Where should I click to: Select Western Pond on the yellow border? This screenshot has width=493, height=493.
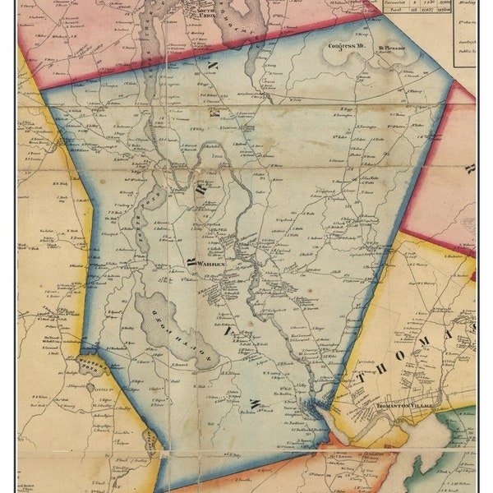click(93, 360)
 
